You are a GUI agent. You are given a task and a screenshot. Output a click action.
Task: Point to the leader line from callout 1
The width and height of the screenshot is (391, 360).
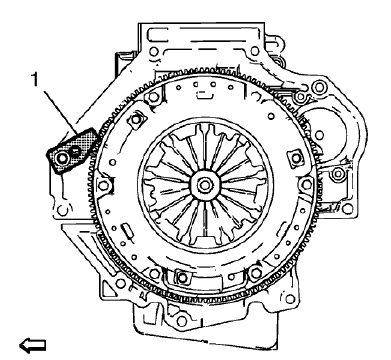(x=61, y=121)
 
